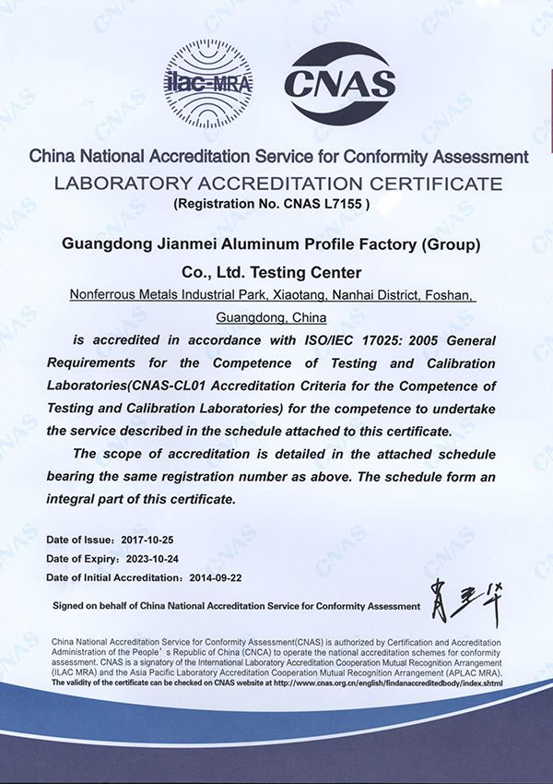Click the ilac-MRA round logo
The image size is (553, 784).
pos(208,80)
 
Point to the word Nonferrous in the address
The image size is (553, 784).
pos(102,295)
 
